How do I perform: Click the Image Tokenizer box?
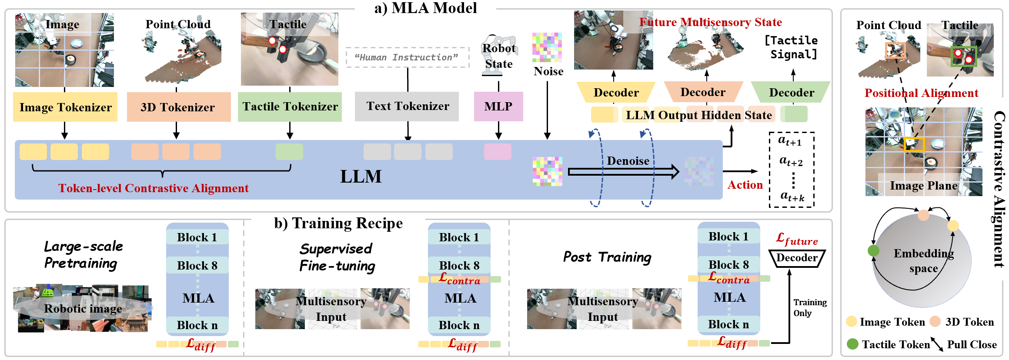tap(65, 107)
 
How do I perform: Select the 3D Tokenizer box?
tap(178, 107)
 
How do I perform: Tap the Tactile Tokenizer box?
tap(290, 107)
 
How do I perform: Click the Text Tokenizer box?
tap(407, 106)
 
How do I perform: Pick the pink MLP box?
tap(498, 106)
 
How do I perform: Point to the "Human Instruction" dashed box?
tap(407, 57)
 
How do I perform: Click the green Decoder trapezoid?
tap(791, 92)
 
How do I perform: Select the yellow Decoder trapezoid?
tap(616, 92)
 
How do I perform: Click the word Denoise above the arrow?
tap(628, 161)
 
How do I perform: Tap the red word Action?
tap(745, 185)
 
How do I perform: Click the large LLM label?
tap(361, 177)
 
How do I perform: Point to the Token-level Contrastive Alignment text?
tap(154, 188)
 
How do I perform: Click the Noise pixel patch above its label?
tap(547, 47)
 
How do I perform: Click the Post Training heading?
tap(607, 257)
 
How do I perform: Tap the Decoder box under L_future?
tap(797, 258)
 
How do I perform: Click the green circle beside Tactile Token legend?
tap(852, 344)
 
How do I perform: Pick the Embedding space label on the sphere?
tap(923, 260)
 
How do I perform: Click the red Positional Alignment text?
tap(921, 93)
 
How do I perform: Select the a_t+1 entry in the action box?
tap(790, 141)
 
